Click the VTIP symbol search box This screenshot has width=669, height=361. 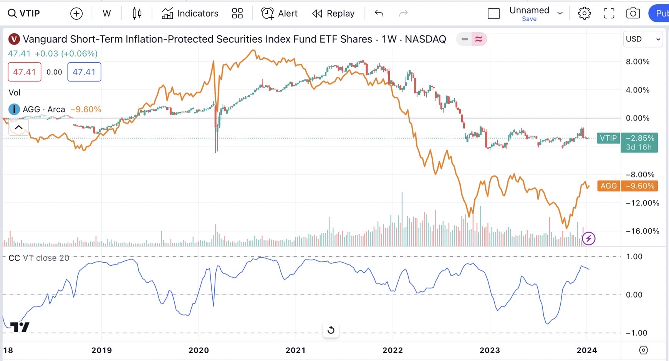24,13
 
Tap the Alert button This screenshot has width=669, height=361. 280,13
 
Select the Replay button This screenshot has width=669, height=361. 333,13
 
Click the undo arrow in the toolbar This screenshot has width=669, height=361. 379,13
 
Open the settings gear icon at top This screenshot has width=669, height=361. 584,13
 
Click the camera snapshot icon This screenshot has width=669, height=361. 633,13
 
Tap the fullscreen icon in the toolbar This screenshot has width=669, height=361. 609,13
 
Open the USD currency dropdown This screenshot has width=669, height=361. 643,39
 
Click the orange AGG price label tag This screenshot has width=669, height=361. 608,186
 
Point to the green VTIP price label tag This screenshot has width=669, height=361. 608,138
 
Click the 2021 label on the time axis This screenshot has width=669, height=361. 296,350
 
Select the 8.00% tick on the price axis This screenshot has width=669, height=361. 638,61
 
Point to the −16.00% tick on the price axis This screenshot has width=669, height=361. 642,231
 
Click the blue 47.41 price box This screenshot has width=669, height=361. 84,72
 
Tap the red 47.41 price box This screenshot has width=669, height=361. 25,72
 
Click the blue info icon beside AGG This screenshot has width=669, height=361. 14,109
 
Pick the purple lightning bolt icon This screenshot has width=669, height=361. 589,238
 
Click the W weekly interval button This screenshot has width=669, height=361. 107,13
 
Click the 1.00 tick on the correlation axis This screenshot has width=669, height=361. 634,257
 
